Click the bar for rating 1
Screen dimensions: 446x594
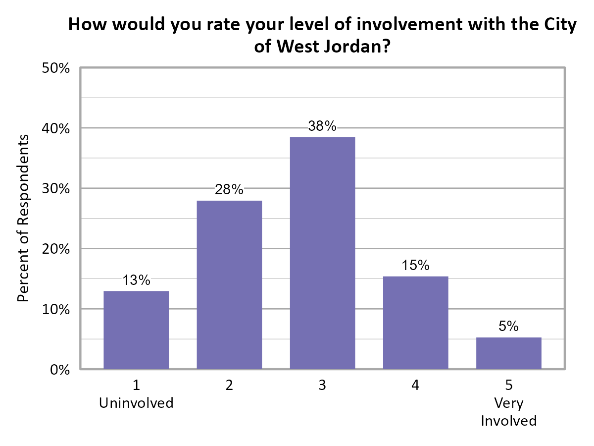click(x=136, y=330)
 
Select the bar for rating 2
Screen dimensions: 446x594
click(x=229, y=284)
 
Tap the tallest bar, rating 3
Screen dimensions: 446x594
click(x=322, y=253)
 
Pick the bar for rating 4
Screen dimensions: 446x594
click(x=415, y=322)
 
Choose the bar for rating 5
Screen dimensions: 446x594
click(x=508, y=353)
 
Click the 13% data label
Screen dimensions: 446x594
click(x=136, y=280)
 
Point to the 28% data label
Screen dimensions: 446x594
click(x=229, y=190)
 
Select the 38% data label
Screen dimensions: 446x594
click(x=322, y=126)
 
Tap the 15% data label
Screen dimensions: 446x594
click(x=415, y=266)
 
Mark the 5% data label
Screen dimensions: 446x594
click(x=508, y=327)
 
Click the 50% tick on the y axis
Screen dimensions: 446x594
click(x=56, y=68)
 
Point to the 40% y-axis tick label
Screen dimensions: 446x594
click(x=56, y=128)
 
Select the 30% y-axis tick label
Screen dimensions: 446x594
click(x=56, y=189)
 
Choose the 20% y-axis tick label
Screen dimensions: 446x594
click(x=56, y=249)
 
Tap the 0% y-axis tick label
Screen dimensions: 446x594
click(x=59, y=370)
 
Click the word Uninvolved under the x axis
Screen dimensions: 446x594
click(x=136, y=403)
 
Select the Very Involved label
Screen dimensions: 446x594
click(x=508, y=412)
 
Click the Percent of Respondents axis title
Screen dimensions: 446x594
click(x=23, y=218)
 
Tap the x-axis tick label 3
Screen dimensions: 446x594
click(x=322, y=386)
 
